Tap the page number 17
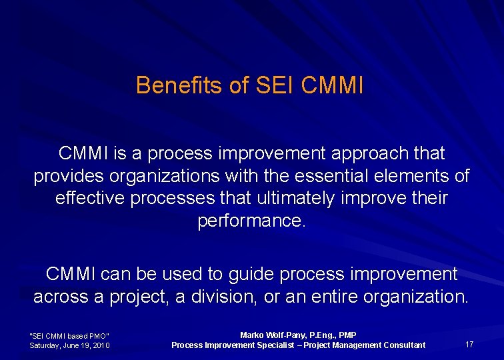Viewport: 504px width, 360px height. (x=469, y=345)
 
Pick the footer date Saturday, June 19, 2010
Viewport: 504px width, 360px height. (x=70, y=345)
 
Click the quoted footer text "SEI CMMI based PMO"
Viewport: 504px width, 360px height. (x=69, y=335)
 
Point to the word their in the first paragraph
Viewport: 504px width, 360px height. (x=426, y=199)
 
